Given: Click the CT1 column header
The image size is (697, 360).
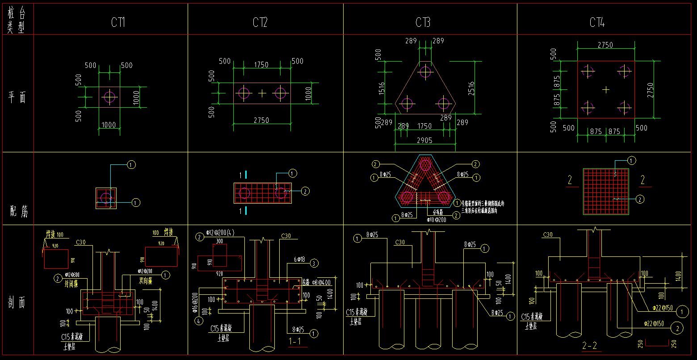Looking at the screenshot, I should coord(118,22).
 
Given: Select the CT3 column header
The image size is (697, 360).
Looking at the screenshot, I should coord(423,22).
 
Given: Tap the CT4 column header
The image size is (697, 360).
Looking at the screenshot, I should coord(597,22).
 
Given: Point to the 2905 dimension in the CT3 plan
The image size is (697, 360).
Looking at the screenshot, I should coord(424,140).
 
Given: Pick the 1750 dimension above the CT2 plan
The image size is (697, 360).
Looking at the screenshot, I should coord(261,65).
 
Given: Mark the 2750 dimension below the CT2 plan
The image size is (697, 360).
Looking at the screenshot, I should coord(261,120).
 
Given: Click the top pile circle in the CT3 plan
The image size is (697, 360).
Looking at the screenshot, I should coord(425,71).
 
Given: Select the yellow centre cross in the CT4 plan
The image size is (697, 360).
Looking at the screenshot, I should coord(605,90).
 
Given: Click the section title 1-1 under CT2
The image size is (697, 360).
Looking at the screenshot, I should coord(295,342).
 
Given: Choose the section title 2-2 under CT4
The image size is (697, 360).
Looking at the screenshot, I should coord(590,345).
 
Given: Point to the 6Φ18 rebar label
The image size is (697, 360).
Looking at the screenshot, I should coord(299,260).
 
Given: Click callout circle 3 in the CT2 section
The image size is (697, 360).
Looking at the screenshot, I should coord(314,264).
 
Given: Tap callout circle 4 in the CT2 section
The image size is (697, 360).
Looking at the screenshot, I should coord(198,320).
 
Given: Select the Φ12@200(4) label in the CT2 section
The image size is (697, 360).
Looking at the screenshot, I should coord(221,233).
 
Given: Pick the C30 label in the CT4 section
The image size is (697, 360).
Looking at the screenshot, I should coord(548,234).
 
